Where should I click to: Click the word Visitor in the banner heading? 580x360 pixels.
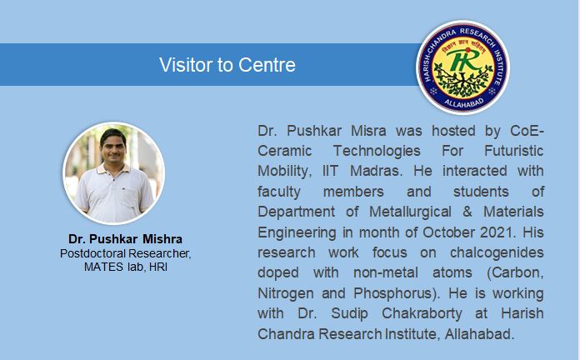click(186, 65)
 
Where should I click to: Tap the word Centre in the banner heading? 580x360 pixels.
click(267, 65)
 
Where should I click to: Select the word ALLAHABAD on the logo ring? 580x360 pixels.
click(463, 102)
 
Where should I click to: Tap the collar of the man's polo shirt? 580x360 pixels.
click(113, 169)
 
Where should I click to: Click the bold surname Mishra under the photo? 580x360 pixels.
click(162, 239)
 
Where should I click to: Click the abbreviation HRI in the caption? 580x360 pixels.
click(158, 267)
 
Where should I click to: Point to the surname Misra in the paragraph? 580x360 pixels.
click(368, 131)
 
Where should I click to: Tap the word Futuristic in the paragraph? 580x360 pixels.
click(514, 151)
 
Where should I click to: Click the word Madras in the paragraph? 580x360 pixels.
click(376, 171)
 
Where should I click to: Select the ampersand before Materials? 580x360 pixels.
click(467, 212)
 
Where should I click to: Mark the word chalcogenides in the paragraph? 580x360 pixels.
click(497, 252)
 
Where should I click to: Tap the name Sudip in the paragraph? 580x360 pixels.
click(349, 314)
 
